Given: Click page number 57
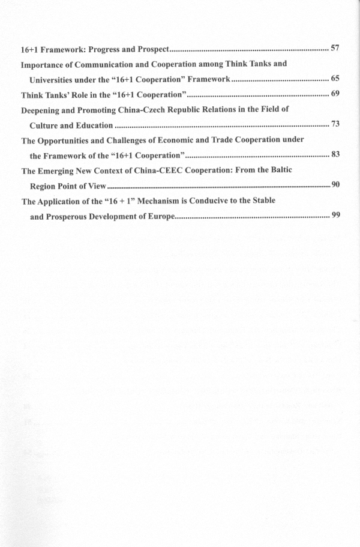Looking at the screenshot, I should (335, 47).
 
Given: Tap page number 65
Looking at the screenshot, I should (335, 78).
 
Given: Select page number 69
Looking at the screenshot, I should (335, 94).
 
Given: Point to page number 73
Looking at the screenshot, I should (335, 124).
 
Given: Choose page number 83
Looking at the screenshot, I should (335, 154).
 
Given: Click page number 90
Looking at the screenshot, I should (335, 184).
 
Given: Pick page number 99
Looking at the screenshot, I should (335, 215).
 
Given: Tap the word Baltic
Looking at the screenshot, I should (279, 171).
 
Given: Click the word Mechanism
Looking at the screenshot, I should (146, 201).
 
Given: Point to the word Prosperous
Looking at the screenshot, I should (71, 216).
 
